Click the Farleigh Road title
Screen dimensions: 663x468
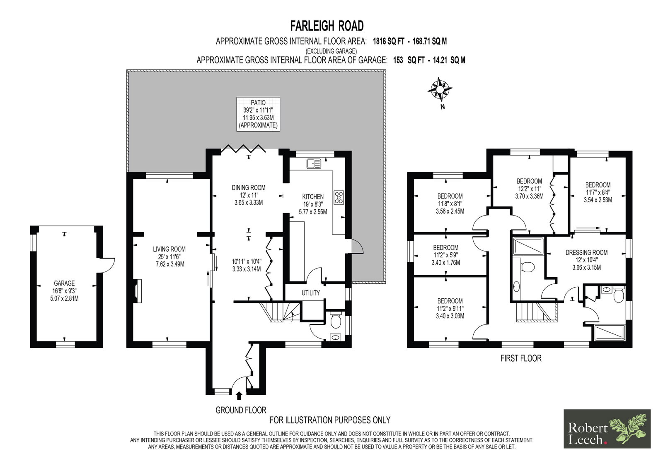pos(327,26)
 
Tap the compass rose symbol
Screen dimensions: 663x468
pos(440,89)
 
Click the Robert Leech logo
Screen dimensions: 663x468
pos(607,429)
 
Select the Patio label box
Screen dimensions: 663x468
pos(258,114)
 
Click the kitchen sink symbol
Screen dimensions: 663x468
pos(314,163)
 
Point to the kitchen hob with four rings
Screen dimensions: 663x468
pos(339,197)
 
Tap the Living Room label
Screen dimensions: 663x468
pos(169,257)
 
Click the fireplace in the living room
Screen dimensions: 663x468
pos(138,291)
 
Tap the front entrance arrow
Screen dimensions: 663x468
pos(239,396)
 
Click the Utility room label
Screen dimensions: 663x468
pos(311,293)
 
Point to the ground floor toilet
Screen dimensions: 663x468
pos(336,321)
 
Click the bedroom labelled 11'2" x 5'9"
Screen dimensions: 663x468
pos(446,255)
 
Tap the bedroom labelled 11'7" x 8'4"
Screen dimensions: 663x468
pos(598,192)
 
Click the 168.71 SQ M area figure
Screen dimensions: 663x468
pos(430,41)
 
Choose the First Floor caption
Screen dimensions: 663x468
pos(521,358)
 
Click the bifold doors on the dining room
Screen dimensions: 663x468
pos(243,148)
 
